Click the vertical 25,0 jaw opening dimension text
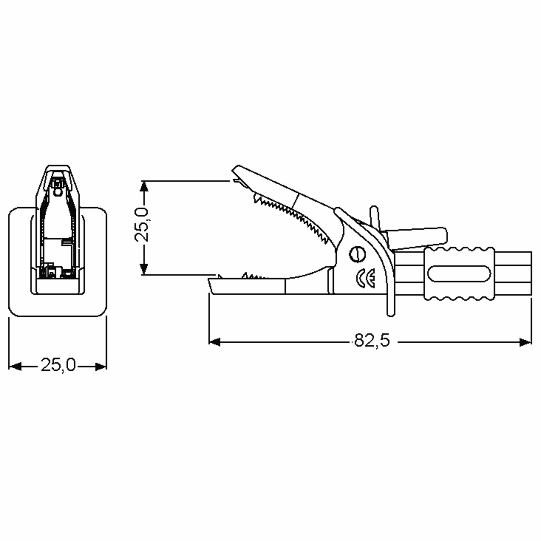[x=141, y=225]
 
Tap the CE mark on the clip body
[x=366, y=278]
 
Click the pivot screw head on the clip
[x=357, y=254]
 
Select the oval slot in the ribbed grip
[x=459, y=274]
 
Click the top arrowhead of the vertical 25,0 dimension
[x=144, y=186]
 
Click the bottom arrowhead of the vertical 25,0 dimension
[x=144, y=270]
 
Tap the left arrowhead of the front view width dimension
[x=15, y=366]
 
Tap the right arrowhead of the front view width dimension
[x=101, y=366]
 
